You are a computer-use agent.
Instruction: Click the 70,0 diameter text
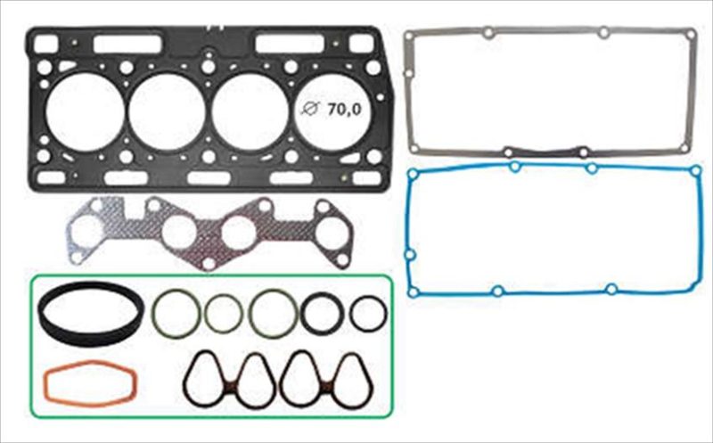[344, 109]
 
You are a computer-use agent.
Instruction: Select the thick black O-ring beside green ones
[303, 314]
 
